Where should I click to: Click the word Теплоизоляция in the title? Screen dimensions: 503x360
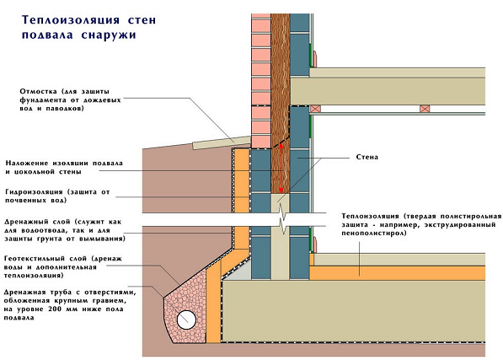click(71, 20)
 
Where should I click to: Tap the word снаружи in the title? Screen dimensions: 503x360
click(109, 35)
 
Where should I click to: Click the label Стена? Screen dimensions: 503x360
click(367, 157)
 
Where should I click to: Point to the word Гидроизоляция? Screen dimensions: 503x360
click(34, 192)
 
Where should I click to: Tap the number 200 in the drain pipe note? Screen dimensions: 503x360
click(54, 309)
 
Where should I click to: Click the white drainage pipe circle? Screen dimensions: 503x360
click(186, 320)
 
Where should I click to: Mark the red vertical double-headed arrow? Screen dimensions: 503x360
click(281, 168)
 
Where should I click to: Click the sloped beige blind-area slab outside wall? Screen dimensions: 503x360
click(222, 142)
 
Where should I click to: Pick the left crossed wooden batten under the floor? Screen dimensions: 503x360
click(315, 109)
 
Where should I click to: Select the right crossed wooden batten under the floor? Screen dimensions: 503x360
click(425, 109)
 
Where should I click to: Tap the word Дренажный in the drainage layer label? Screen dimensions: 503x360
click(26, 222)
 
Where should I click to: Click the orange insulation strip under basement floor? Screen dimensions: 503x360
click(397, 273)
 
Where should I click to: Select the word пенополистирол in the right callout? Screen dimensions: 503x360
click(374, 234)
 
